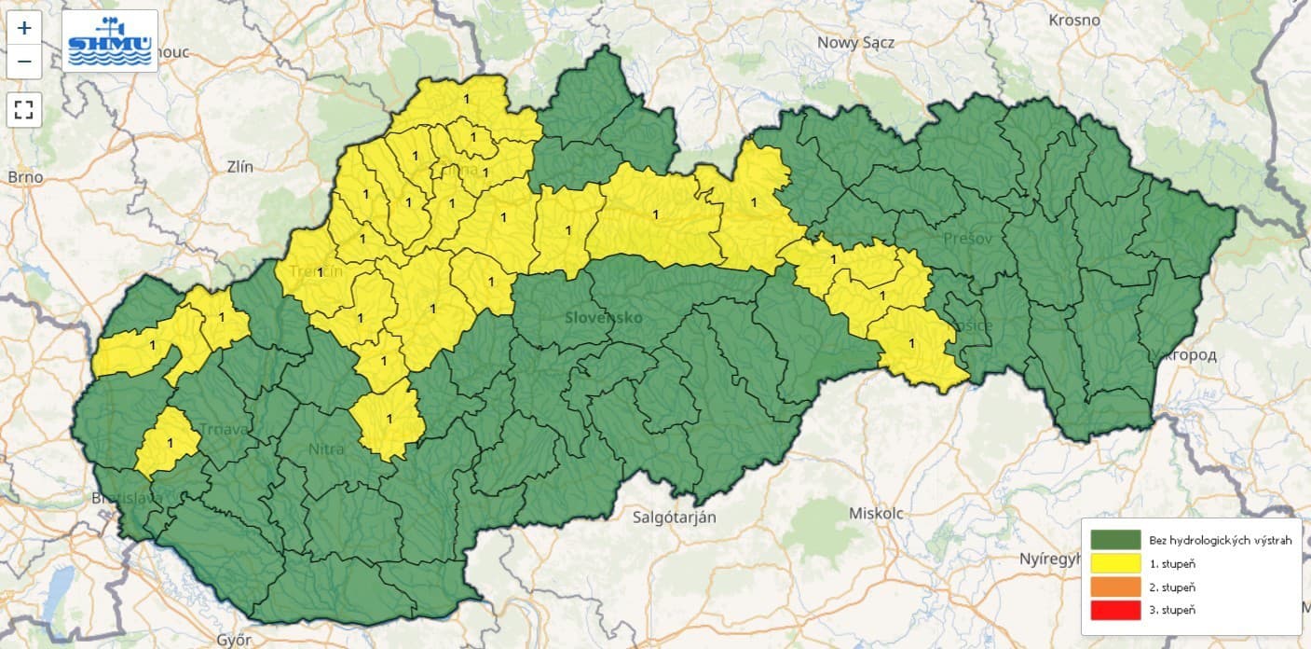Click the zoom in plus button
click(24, 28)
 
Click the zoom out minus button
click(24, 62)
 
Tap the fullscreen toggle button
click(24, 110)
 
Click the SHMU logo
click(110, 41)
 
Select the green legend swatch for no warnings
click(1115, 541)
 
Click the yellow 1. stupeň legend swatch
click(1115, 563)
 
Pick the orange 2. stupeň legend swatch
click(1115, 587)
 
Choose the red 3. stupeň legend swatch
click(1115, 610)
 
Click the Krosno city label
click(1074, 20)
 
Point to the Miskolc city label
click(877, 514)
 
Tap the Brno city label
click(25, 176)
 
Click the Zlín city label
click(239, 167)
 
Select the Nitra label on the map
click(326, 449)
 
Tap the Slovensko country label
click(604, 317)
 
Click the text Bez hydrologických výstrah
click(1220, 541)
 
